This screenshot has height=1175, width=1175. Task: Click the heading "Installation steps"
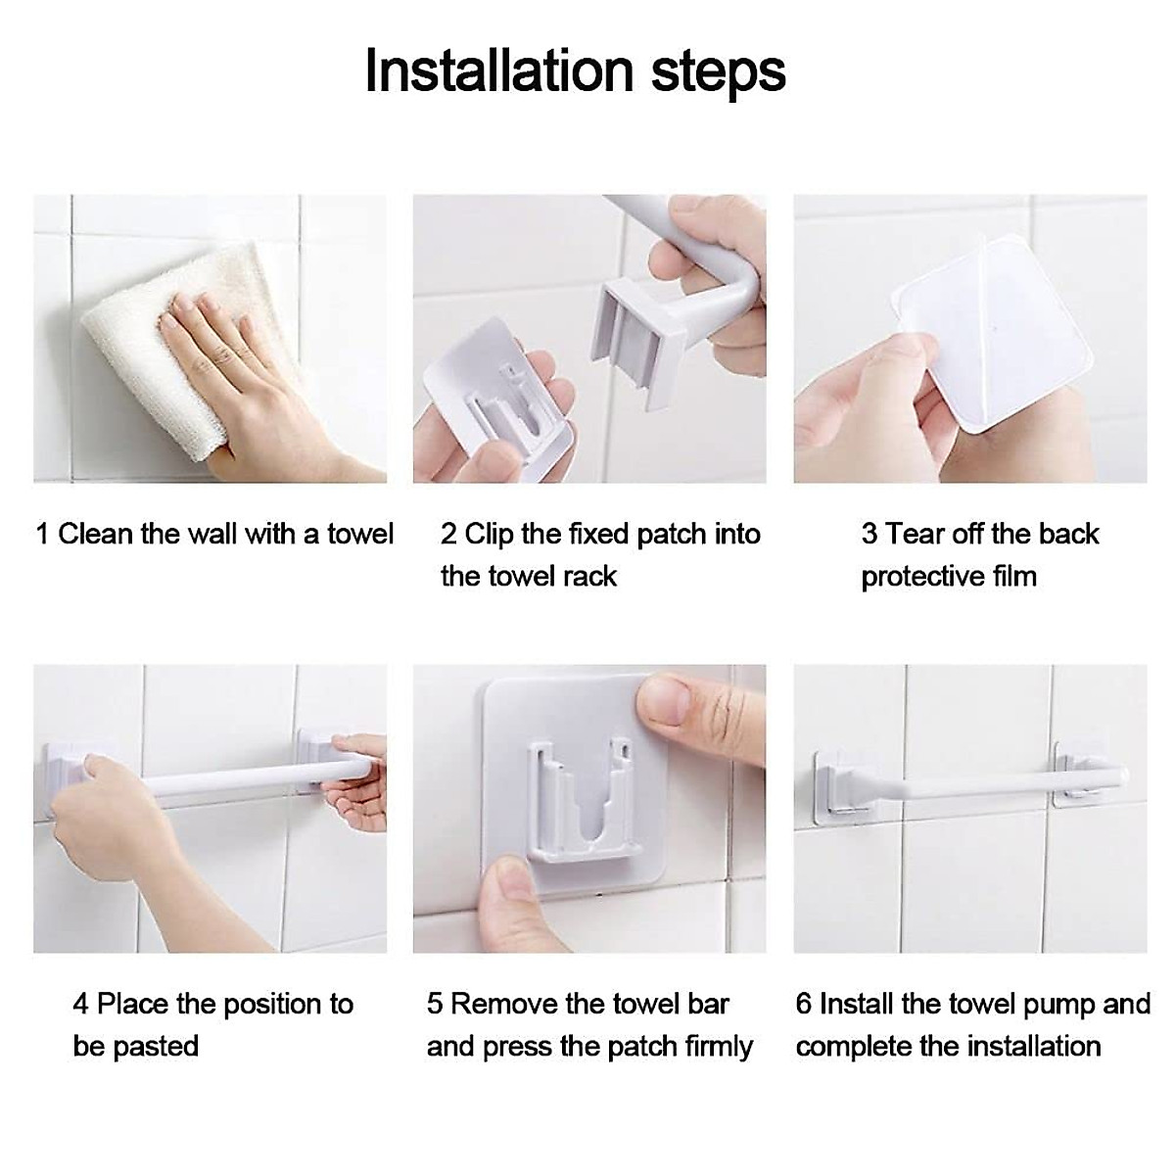pyautogui.click(x=575, y=70)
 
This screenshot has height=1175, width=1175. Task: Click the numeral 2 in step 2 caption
pyautogui.click(x=448, y=534)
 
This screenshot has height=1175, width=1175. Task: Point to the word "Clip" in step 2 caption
pyautogui.click(x=490, y=534)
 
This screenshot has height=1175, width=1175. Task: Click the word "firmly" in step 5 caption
pyautogui.click(x=719, y=1046)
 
